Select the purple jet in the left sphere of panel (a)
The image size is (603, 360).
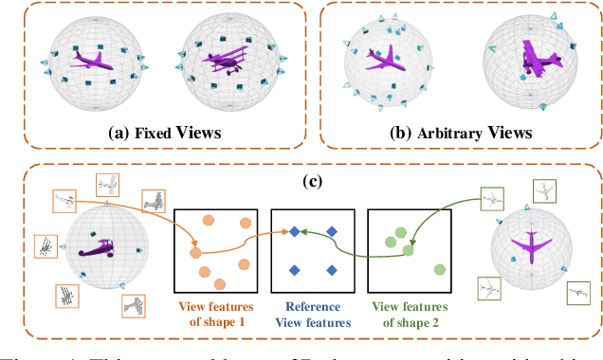pyautogui.click(x=94, y=59)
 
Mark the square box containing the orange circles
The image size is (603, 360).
pyautogui.click(x=219, y=250)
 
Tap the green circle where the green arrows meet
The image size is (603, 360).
pyautogui.click(x=410, y=251)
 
